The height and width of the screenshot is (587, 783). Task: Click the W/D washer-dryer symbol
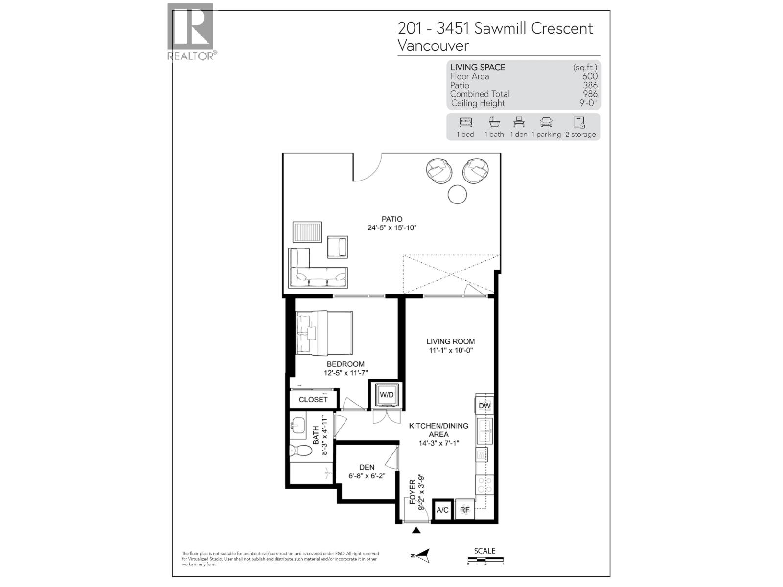pos(386,395)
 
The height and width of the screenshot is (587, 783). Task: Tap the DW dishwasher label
pos(484,406)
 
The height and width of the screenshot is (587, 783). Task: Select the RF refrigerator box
pos(465,510)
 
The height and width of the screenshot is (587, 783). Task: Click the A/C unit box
pos(442,510)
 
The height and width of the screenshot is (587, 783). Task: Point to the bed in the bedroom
pos(324,333)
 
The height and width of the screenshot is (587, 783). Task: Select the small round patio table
pos(457,195)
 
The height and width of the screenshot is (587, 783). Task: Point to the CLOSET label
pos(313,400)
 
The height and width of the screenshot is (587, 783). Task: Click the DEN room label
pos(367,468)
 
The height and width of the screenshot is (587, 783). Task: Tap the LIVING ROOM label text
pos(450,341)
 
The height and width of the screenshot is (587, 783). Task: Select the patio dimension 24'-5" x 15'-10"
pos(392,228)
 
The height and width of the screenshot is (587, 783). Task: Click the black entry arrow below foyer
pos(416,530)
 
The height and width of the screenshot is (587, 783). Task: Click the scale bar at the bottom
pos(485,560)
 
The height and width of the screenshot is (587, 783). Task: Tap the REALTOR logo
pos(191,31)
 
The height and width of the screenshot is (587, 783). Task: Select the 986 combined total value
pos(590,94)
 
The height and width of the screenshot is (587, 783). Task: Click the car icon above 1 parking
pos(546,122)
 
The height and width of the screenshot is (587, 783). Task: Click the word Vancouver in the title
pos(433,45)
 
